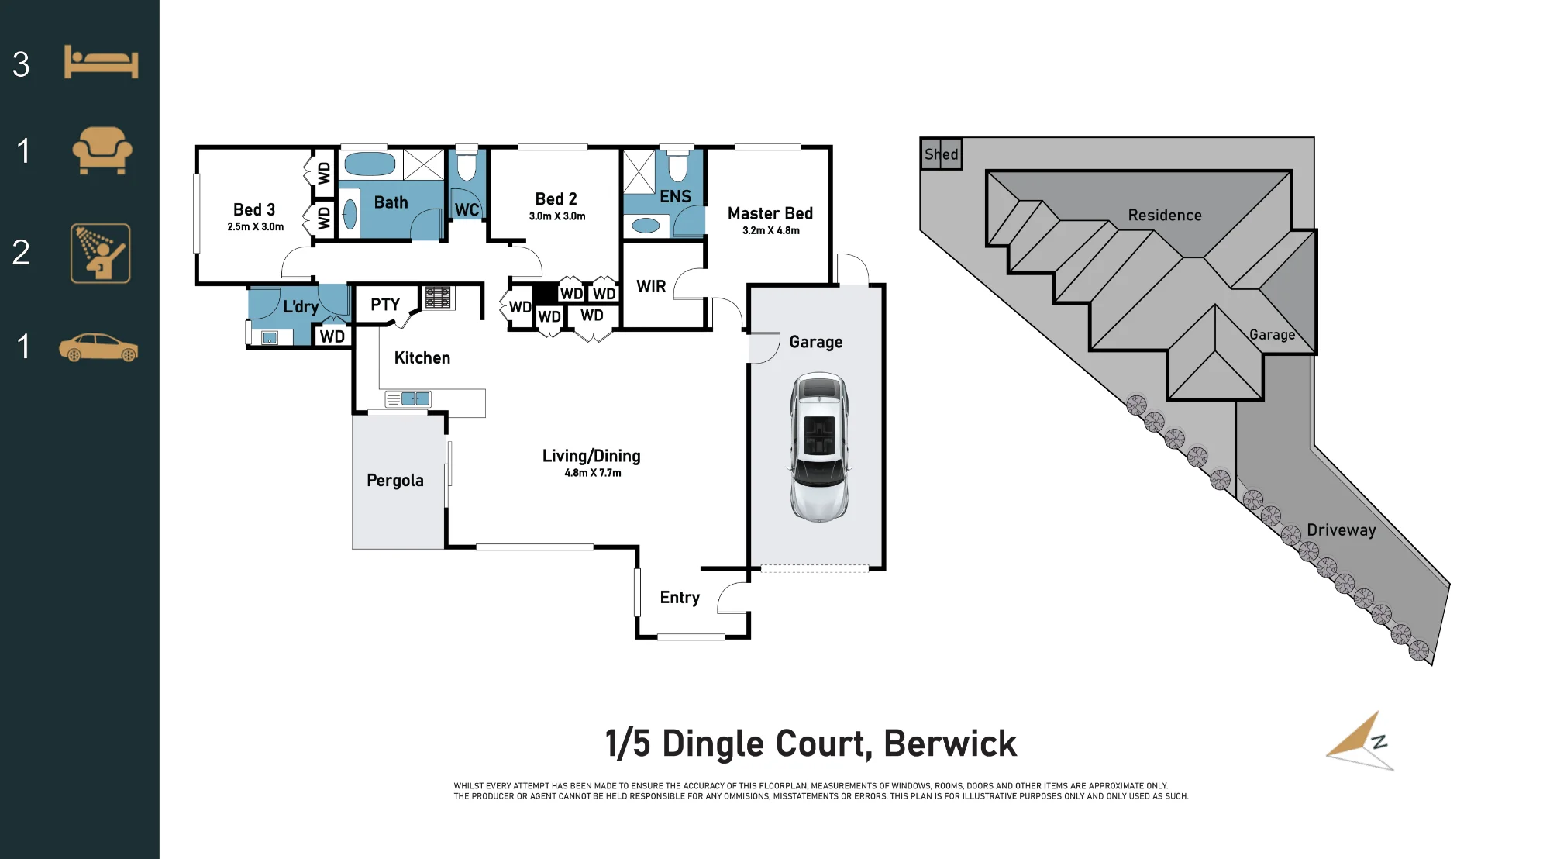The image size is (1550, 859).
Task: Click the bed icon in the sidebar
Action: pyautogui.click(x=101, y=61)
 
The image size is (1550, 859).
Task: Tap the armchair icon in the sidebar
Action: pyautogui.click(x=102, y=150)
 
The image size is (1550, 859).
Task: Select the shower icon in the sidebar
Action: pyautogui.click(x=101, y=254)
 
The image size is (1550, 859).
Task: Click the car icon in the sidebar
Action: pyautogui.click(x=98, y=347)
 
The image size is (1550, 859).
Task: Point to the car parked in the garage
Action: pyautogui.click(x=819, y=447)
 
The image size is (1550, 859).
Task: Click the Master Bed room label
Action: pyautogui.click(x=770, y=213)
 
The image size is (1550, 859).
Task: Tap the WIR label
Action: pyautogui.click(x=651, y=287)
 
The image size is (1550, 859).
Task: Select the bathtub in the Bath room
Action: pyautogui.click(x=370, y=164)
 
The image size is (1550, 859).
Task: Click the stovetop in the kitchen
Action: pyautogui.click(x=438, y=298)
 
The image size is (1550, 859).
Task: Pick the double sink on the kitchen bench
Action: pyautogui.click(x=415, y=399)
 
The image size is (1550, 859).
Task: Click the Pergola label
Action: pyautogui.click(x=395, y=481)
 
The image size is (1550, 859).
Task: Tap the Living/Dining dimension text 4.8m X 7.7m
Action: pyautogui.click(x=593, y=473)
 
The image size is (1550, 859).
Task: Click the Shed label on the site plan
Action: pyautogui.click(x=942, y=154)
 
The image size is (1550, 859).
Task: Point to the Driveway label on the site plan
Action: pyautogui.click(x=1342, y=530)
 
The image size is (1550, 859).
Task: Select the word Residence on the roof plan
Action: pyautogui.click(x=1165, y=215)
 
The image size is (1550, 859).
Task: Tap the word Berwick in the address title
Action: pyautogui.click(x=950, y=743)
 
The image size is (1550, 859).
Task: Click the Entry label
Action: pyautogui.click(x=680, y=598)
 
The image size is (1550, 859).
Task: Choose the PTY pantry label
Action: pyautogui.click(x=385, y=305)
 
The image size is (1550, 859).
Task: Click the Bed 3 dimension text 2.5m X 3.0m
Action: pyautogui.click(x=256, y=227)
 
